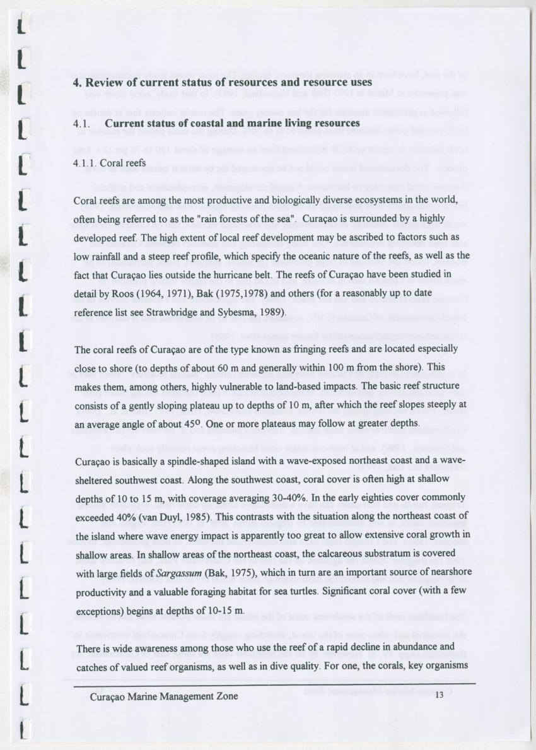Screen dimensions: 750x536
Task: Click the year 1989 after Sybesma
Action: [272, 312]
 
